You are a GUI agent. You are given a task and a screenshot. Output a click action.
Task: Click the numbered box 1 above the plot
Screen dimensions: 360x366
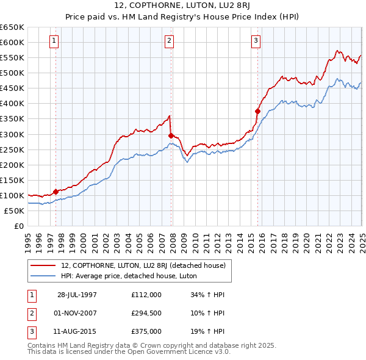pyautogui.click(x=54, y=41)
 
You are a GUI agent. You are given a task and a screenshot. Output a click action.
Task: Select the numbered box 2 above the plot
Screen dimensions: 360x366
pyautogui.click(x=169, y=41)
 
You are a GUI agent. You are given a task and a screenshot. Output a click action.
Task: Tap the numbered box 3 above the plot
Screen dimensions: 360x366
pyautogui.click(x=256, y=41)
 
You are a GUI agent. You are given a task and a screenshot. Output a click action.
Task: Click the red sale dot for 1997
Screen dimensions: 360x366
pyautogui.click(x=56, y=191)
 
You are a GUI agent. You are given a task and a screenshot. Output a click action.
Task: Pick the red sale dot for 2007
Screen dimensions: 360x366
pyautogui.click(x=171, y=135)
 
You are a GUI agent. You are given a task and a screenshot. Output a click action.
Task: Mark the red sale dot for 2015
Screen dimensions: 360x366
pyautogui.click(x=257, y=111)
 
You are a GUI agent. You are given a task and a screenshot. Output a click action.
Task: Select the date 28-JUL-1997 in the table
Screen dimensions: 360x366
pyautogui.click(x=77, y=295)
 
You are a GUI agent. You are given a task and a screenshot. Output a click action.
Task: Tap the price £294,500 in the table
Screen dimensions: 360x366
pyautogui.click(x=146, y=314)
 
